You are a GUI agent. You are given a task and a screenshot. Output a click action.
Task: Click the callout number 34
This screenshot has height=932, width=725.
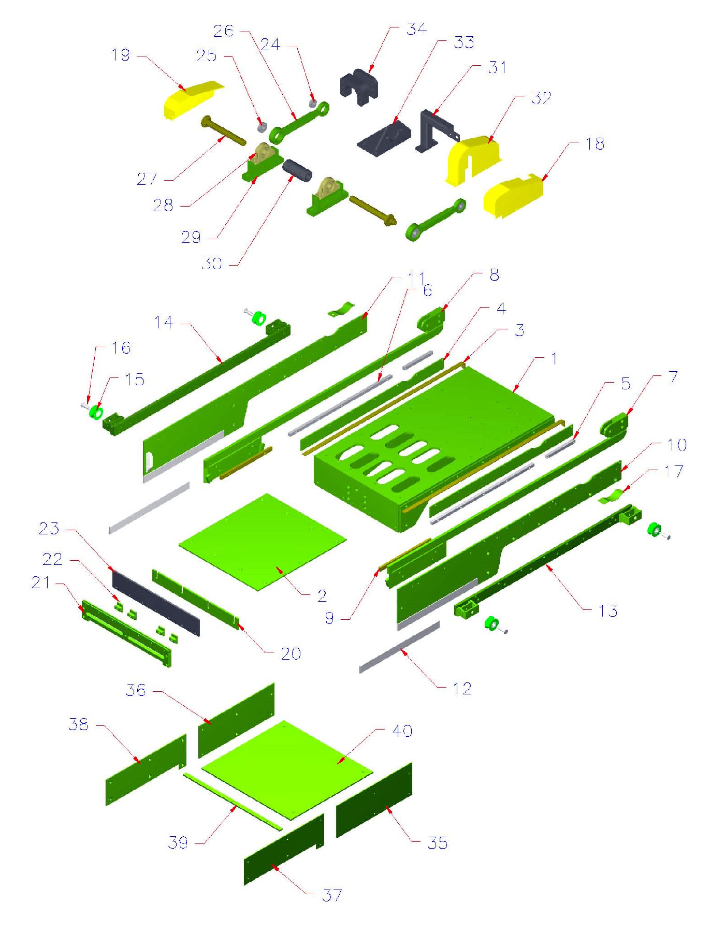point(416,28)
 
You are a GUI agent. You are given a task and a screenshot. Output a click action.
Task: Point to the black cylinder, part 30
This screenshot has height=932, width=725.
point(297,170)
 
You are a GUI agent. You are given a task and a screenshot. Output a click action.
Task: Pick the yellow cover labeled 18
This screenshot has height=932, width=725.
point(513,196)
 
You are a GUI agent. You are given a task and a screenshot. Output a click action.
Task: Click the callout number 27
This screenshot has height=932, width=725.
point(147,179)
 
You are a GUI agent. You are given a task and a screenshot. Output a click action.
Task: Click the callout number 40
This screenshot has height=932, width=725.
point(402,731)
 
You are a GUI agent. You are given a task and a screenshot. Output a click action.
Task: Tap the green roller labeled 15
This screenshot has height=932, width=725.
point(96,413)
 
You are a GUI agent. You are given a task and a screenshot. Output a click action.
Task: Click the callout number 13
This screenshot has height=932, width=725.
point(608,610)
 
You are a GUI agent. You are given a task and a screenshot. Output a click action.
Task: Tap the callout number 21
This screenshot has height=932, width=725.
point(41,582)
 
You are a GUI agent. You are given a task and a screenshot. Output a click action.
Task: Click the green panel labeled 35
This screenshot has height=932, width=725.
point(374,800)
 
